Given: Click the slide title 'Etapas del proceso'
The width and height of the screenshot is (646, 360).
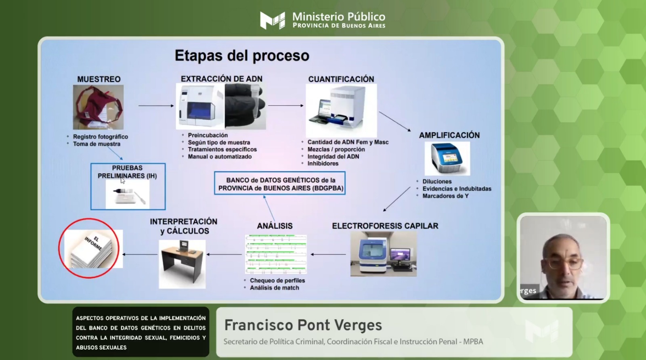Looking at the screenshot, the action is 242,56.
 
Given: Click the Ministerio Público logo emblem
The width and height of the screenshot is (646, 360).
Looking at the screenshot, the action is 273,20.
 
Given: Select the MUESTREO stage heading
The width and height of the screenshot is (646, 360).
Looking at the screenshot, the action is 99,79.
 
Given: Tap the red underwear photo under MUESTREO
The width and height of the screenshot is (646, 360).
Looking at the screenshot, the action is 98,107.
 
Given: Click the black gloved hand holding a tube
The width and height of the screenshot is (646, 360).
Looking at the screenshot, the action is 245,106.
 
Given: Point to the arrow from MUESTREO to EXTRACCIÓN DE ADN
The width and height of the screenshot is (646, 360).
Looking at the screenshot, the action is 156,106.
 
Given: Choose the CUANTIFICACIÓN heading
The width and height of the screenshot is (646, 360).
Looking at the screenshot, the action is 341,79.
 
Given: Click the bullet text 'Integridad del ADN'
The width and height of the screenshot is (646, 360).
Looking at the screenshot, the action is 333,157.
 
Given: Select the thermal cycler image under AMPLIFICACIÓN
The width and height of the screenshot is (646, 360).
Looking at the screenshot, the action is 447,158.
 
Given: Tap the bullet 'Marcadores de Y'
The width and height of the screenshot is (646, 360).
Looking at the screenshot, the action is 445,196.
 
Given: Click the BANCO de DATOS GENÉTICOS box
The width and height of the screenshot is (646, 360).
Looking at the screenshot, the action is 280,183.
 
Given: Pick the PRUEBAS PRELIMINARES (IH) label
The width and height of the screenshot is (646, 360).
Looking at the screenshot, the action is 127,172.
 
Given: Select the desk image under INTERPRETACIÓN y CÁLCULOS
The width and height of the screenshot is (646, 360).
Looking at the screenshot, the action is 182,264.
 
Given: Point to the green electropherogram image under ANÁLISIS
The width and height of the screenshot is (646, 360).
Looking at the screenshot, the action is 276,254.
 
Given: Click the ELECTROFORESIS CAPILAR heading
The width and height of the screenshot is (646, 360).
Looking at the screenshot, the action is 385,226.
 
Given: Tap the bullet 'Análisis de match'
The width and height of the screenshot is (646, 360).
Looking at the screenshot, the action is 274,288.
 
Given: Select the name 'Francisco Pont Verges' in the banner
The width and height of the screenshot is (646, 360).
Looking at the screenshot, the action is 303,325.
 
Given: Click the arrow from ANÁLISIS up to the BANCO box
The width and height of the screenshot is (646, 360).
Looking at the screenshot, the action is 269,209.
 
